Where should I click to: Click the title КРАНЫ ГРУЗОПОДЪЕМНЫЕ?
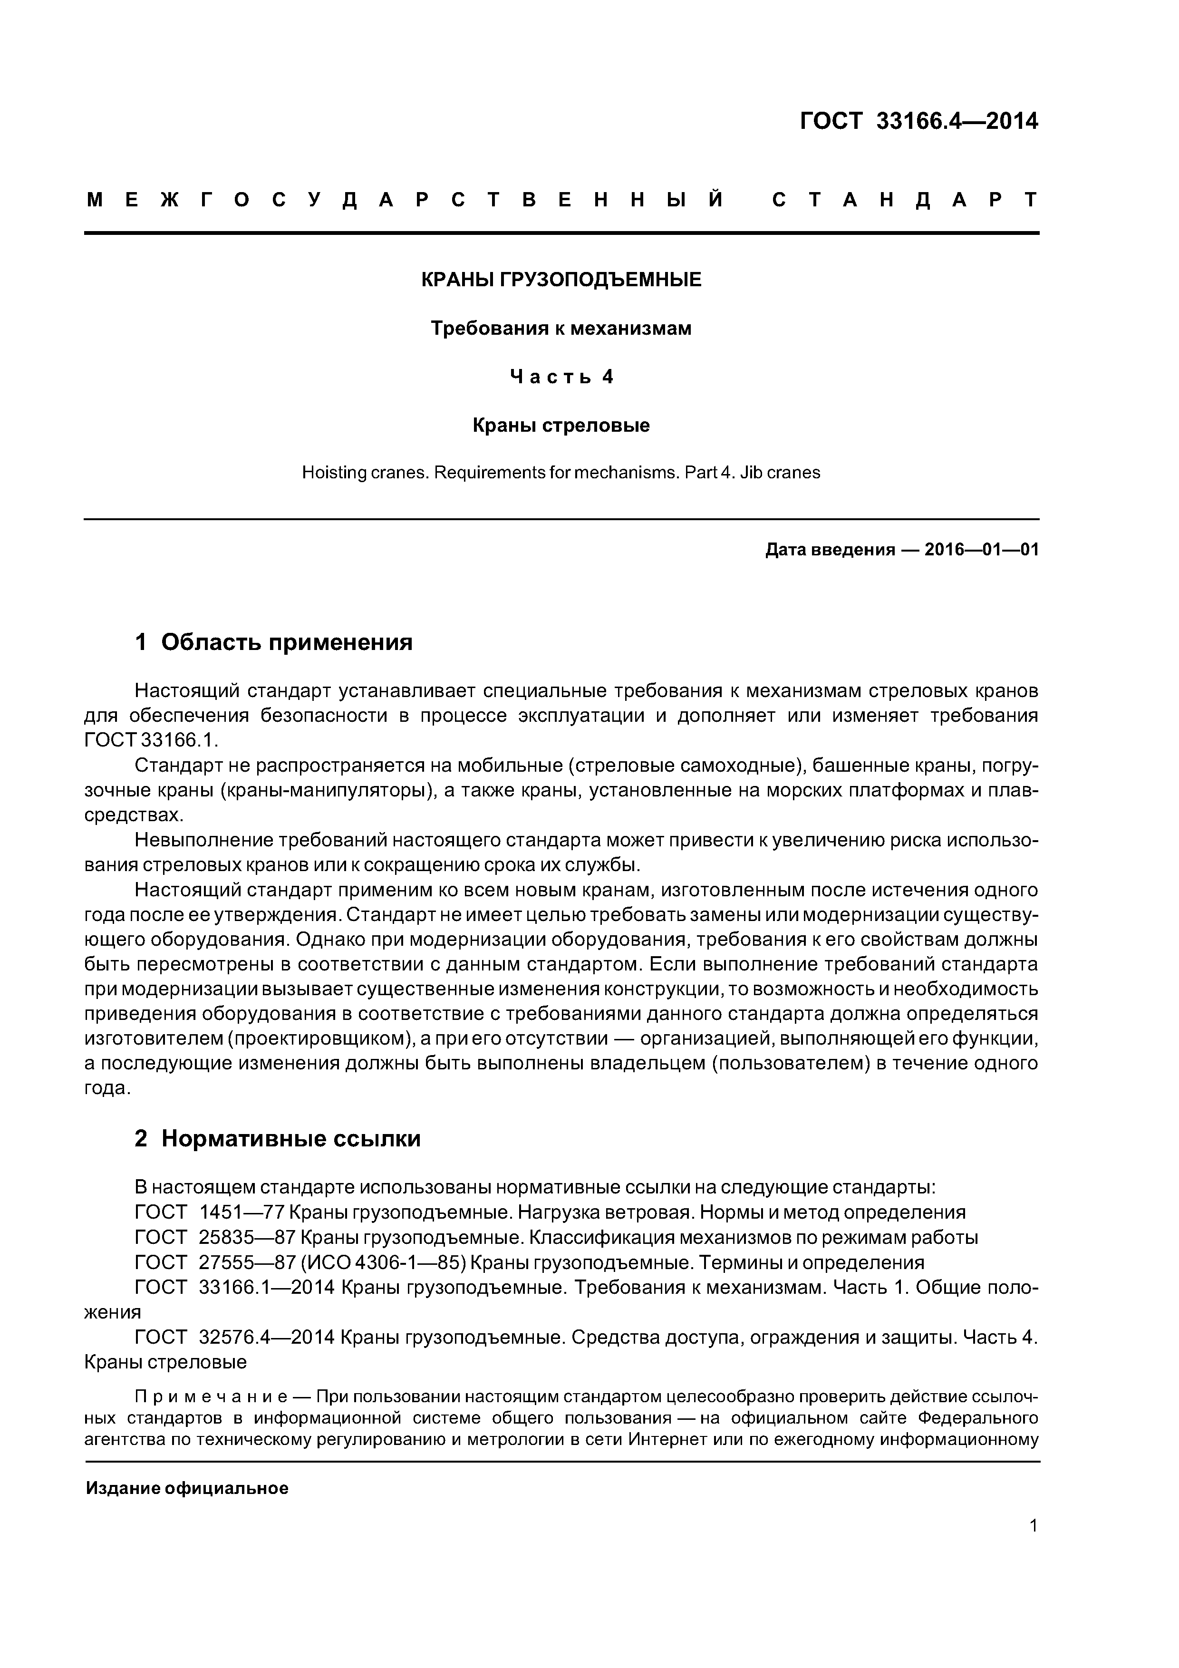[561, 280]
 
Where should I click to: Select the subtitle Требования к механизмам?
[561, 329]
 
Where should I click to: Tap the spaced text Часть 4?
[561, 377]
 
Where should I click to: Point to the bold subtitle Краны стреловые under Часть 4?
[561, 425]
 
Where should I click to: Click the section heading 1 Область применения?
[274, 642]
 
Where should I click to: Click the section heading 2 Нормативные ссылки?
[278, 1138]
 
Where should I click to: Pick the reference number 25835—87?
[249, 1237]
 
